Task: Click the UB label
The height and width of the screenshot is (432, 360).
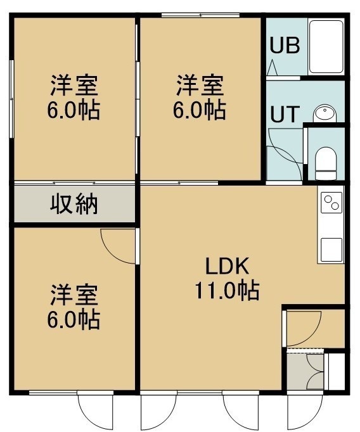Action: tap(285, 45)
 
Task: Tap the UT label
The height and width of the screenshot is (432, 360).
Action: tap(285, 114)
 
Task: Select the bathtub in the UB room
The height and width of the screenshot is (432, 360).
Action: tap(326, 46)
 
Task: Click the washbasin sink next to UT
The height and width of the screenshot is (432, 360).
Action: tap(325, 113)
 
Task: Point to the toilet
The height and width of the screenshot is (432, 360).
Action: tap(326, 163)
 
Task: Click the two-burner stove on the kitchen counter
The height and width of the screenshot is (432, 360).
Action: tap(331, 202)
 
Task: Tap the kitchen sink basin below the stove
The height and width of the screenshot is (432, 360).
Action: tap(331, 250)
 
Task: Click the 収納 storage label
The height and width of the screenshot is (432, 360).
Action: tap(74, 205)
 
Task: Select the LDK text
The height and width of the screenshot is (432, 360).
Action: tap(227, 266)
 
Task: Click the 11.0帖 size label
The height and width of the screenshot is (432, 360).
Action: tap(227, 290)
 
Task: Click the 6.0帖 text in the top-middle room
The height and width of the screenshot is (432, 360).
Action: tap(199, 110)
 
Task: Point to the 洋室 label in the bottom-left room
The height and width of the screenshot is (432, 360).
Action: tap(74, 295)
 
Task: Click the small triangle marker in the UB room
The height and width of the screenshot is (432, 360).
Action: tap(273, 67)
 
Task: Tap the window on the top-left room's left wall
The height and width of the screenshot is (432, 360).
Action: tap(11, 99)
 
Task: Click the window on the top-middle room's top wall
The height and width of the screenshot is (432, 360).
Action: tap(200, 15)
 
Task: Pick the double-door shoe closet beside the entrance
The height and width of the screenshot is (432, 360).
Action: tap(305, 372)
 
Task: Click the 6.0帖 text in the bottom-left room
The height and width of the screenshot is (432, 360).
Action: tap(74, 320)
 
